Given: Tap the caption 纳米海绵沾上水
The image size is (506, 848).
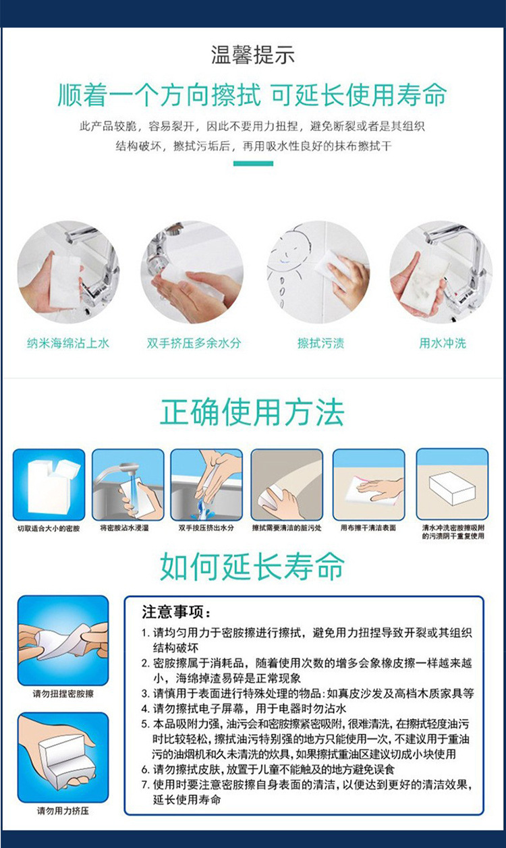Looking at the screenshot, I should [68, 343].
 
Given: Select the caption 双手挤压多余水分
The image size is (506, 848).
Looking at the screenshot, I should [194, 343].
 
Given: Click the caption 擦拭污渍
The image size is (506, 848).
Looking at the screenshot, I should [320, 343].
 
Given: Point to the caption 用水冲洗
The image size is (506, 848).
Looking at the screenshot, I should [443, 343].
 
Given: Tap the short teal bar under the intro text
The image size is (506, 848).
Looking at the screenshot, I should [253, 163].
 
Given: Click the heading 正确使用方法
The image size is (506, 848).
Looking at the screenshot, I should [253, 413].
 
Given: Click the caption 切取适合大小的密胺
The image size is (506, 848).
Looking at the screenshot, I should [49, 528].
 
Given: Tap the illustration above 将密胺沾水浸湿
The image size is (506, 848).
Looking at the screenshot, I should [128, 484].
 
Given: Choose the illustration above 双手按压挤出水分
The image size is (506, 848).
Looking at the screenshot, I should [206, 484].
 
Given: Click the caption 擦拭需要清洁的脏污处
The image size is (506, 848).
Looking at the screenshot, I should [286, 528].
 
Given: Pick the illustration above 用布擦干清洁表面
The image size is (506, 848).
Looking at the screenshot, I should [368, 484].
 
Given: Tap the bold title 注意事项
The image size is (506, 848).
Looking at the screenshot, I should [177, 613].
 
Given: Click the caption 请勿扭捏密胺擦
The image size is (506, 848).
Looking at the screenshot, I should [63, 694].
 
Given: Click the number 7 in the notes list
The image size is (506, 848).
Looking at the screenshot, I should [145, 785].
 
